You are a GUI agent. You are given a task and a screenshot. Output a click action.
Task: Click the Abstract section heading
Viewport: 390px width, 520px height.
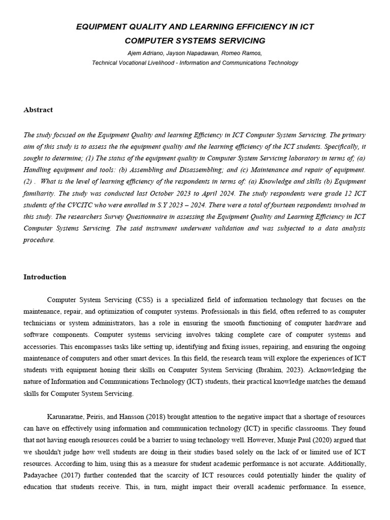point(38,110)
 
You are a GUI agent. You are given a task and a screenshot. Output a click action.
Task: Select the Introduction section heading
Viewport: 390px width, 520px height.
point(45,277)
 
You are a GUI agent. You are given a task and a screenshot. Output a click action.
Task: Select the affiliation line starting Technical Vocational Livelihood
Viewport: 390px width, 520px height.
point(195,63)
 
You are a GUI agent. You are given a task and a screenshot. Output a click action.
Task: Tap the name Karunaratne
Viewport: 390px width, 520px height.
point(67,416)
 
